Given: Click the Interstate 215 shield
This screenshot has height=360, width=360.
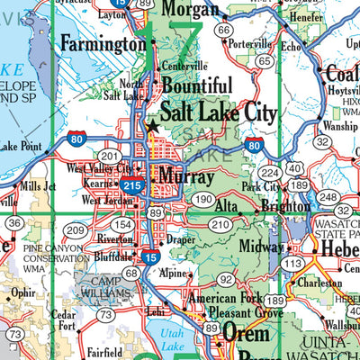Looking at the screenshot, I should coord(131,184).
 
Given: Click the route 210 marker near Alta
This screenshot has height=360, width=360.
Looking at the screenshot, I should coord(220,223).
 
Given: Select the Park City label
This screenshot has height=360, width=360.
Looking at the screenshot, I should coord(261,187).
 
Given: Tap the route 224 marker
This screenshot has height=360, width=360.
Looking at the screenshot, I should coord(268,173).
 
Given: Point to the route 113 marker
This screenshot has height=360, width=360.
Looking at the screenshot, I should coord(291,262).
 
